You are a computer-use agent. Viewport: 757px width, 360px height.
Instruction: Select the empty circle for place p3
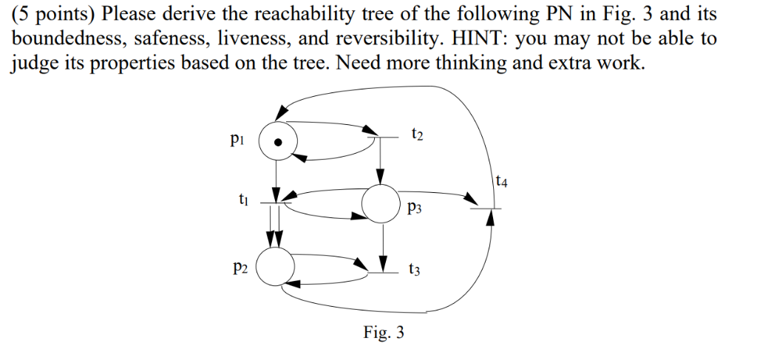pyautogui.click(x=380, y=204)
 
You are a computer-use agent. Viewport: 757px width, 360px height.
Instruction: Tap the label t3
pyautogui.click(x=414, y=271)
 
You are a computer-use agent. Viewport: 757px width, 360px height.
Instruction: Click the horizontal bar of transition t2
pyautogui.click(x=380, y=136)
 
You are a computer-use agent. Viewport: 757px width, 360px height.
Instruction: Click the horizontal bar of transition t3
pyautogui.click(x=383, y=273)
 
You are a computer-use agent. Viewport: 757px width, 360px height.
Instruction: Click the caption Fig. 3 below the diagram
pyautogui.click(x=384, y=333)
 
